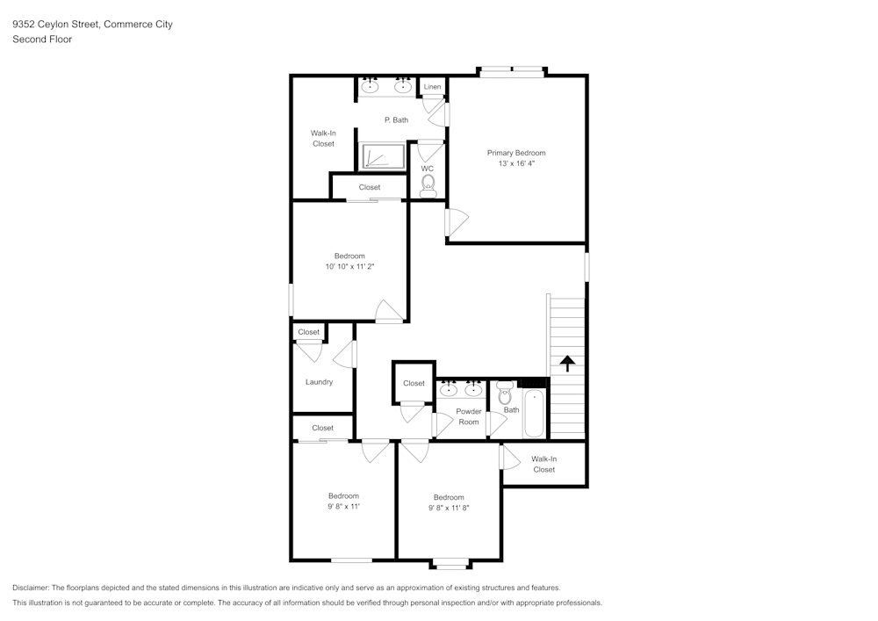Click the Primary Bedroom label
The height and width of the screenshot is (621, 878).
516,153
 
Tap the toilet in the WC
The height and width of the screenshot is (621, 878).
428,184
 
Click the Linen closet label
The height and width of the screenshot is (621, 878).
432,87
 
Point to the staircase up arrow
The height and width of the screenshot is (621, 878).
567,363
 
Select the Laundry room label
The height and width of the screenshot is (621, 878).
319,382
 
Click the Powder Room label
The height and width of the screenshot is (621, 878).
469,416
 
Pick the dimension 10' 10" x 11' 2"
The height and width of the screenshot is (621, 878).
349,267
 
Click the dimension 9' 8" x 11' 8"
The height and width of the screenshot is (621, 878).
449,508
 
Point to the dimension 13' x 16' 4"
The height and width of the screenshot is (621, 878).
516,163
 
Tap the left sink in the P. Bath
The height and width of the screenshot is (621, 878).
371,86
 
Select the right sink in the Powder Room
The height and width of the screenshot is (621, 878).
473,389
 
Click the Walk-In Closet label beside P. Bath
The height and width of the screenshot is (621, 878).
323,138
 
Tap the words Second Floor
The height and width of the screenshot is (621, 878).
42,40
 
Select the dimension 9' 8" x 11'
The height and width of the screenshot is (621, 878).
343,507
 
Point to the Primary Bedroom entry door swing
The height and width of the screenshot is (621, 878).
457,221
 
